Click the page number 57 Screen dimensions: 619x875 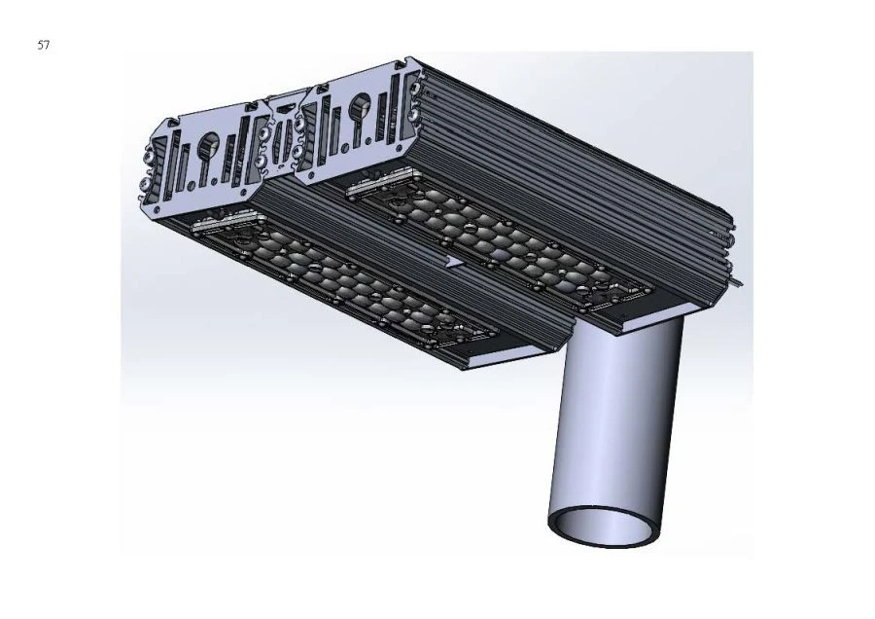(43, 45)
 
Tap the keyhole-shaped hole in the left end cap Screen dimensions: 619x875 (208, 146)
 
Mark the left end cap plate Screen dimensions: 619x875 (204, 161)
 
